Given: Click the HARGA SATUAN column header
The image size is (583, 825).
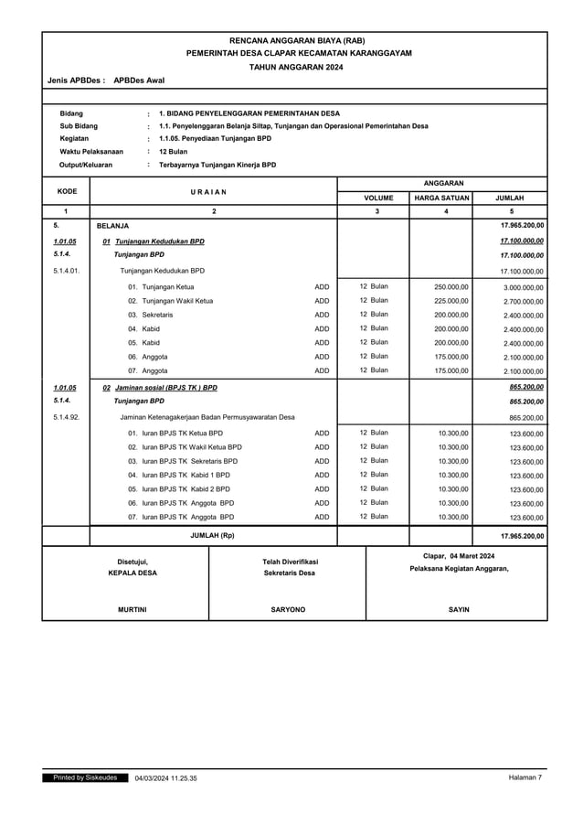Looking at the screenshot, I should [x=441, y=197].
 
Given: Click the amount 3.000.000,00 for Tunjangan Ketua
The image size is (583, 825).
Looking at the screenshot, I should [x=523, y=287].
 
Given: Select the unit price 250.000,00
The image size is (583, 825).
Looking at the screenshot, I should [x=451, y=286].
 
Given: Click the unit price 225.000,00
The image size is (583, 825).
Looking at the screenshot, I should [x=451, y=300].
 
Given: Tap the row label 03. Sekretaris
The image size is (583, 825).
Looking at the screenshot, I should [x=150, y=315].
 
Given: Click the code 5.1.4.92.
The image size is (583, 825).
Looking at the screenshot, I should [x=66, y=417].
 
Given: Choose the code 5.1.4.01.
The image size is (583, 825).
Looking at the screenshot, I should [x=66, y=271].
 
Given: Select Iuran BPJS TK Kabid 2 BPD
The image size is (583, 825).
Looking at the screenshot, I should [x=179, y=488].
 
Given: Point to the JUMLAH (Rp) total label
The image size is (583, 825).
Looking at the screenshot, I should [x=213, y=535].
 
